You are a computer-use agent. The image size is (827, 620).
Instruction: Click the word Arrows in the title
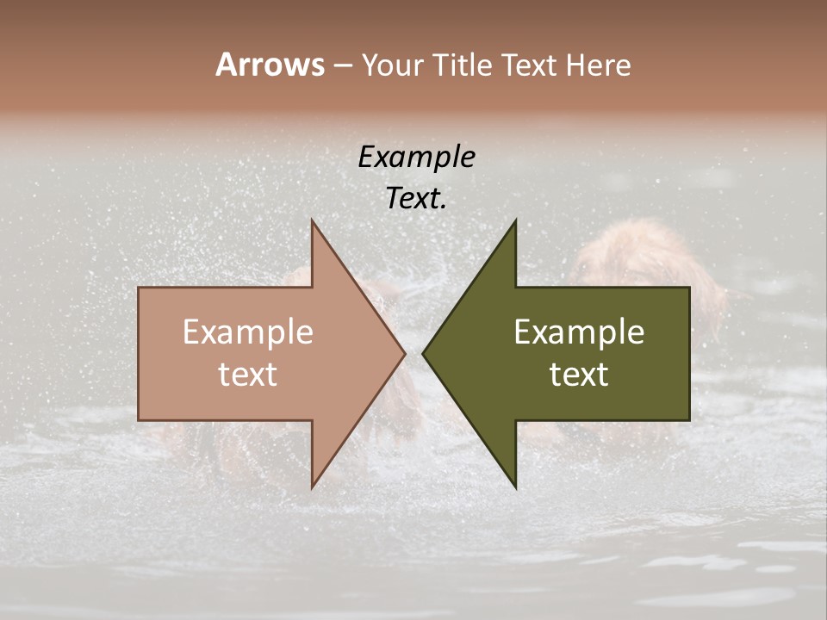coord(270,65)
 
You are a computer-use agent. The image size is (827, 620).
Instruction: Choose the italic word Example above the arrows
coord(416,157)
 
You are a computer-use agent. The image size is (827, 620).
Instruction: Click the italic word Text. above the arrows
coord(416,198)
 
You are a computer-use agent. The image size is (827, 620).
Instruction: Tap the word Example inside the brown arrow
coord(247,332)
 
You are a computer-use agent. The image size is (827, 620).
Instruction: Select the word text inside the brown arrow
coord(247,375)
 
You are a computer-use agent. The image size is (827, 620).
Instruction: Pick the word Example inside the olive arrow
coord(579,332)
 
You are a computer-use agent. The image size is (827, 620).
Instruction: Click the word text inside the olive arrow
coord(579,375)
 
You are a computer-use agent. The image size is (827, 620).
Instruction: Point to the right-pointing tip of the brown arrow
coord(403,353)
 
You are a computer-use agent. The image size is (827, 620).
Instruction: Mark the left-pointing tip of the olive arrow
coord(425,353)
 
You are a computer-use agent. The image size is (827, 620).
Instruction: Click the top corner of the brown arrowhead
coord(313,221)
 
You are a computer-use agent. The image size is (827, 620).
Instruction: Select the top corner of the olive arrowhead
coord(515,221)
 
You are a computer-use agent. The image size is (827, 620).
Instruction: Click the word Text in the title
coord(529,65)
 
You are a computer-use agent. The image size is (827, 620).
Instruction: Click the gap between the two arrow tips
coord(413,353)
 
